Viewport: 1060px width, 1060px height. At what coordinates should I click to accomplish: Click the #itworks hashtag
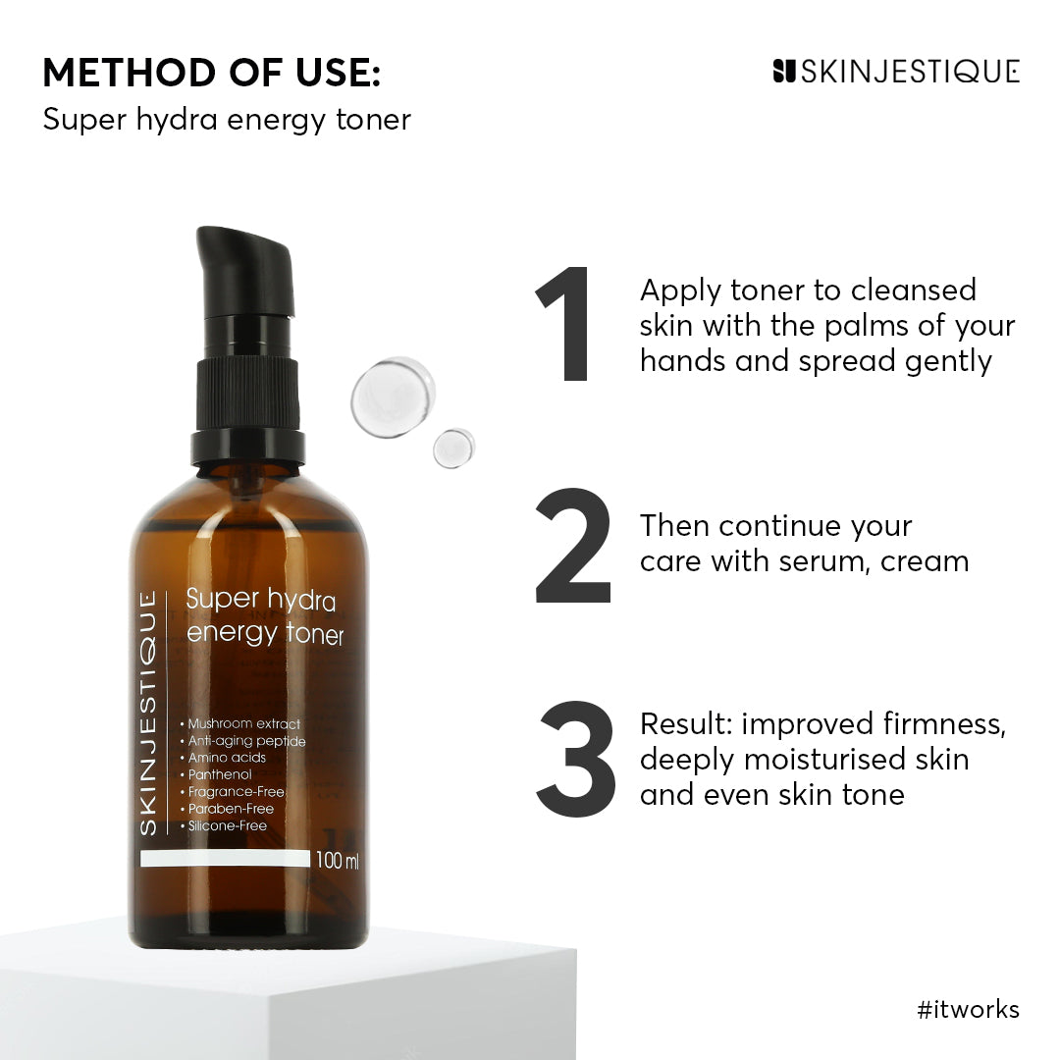968,1009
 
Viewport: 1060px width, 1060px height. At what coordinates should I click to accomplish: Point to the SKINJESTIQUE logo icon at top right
783,71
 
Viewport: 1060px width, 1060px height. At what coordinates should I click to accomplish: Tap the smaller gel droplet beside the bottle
453,448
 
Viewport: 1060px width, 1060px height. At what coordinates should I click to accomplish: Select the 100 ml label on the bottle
338,861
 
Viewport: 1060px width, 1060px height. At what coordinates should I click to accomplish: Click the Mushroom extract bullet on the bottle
240,723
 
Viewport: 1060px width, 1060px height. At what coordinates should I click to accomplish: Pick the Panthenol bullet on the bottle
220,774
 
